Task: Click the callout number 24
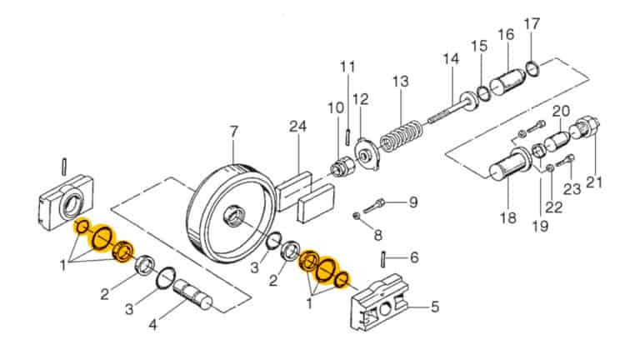click(298, 127)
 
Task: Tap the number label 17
click(532, 22)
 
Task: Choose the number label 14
click(451, 60)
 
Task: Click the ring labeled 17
click(534, 63)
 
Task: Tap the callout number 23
click(572, 188)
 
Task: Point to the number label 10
click(335, 107)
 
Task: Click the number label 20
click(561, 110)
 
